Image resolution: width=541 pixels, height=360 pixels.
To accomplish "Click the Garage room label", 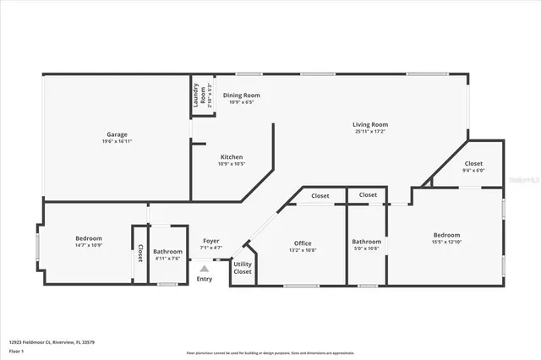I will [117, 134].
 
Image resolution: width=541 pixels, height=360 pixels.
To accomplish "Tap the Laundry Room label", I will [195, 95].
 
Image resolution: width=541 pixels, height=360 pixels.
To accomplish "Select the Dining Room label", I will [241, 95].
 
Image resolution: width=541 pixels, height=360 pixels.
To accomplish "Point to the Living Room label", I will [370, 125].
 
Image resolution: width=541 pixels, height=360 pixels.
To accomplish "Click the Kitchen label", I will [232, 157].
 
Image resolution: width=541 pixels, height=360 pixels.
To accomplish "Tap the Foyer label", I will [210, 241].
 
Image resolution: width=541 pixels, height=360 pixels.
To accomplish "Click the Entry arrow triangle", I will [204, 269].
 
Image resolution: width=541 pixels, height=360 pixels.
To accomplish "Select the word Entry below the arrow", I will [205, 279].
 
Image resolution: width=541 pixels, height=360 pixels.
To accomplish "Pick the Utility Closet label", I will [243, 268].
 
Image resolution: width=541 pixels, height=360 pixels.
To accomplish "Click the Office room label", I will [303, 243].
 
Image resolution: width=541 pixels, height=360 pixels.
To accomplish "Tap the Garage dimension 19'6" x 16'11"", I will [117, 141].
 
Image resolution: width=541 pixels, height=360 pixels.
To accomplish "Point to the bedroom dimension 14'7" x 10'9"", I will [89, 246].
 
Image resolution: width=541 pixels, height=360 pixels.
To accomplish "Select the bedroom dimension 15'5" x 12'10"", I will [447, 243].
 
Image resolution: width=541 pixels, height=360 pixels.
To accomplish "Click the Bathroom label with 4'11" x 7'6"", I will [167, 252].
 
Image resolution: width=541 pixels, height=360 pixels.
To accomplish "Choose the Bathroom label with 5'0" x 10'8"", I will [367, 243].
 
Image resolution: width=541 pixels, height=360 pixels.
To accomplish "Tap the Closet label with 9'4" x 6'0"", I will [473, 163].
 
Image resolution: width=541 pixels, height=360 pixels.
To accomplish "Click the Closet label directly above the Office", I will [320, 196].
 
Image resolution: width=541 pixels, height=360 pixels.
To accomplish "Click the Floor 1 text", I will [18, 351].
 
